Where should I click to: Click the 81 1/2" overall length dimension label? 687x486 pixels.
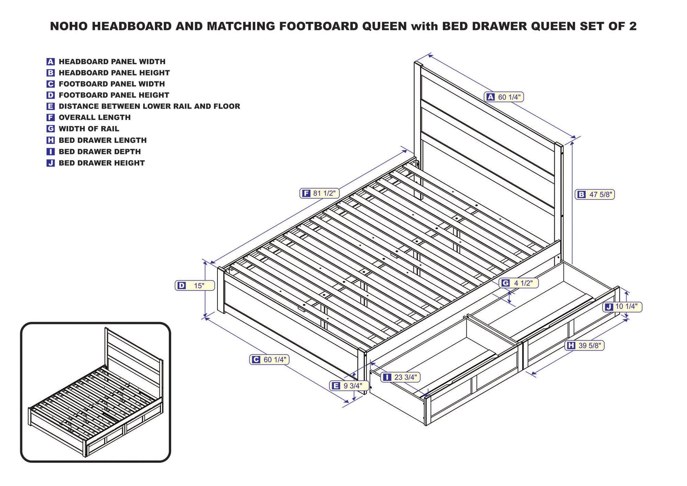click(x=319, y=193)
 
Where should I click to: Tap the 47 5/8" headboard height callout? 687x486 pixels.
click(x=595, y=194)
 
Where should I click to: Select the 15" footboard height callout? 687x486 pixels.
click(x=195, y=286)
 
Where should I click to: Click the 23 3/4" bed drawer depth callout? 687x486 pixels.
click(x=401, y=377)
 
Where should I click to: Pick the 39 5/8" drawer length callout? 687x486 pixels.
click(x=585, y=346)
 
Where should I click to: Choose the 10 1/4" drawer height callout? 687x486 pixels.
click(x=622, y=307)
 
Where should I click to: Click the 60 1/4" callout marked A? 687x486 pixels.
click(x=504, y=97)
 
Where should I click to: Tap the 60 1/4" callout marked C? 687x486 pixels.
click(x=270, y=360)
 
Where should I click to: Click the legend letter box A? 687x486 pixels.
click(x=50, y=62)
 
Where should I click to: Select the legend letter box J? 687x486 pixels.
click(x=50, y=163)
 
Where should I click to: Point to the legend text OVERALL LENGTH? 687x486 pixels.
click(x=95, y=118)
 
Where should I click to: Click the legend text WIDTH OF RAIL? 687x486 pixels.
click(x=89, y=129)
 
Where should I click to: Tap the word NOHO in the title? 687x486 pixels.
click(x=68, y=26)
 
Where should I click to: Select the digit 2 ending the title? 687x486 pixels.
click(x=633, y=26)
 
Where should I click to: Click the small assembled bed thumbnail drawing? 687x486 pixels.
click(x=95, y=392)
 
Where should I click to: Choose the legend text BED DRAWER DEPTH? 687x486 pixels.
click(x=100, y=152)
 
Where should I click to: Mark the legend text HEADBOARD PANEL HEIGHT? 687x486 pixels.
click(x=114, y=73)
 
